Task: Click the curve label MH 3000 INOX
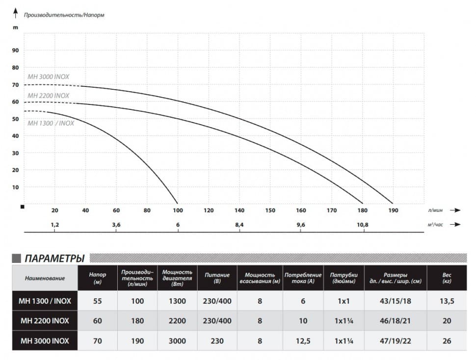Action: (48, 77)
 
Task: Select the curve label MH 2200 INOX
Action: (48, 96)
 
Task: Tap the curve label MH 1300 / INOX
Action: (51, 123)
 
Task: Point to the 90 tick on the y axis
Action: (15, 50)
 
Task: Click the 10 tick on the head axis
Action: (15, 187)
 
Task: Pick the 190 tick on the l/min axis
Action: (393, 210)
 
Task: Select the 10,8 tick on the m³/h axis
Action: (363, 225)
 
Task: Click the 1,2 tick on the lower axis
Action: (54, 225)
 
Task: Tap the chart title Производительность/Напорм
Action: (64, 15)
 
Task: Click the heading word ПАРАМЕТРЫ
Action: (54, 258)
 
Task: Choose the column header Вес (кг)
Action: (447, 279)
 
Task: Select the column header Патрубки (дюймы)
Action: (344, 279)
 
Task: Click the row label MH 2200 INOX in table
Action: (45, 321)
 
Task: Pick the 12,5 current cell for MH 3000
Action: (303, 341)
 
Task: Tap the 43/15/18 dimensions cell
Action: (395, 301)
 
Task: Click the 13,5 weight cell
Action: (447, 301)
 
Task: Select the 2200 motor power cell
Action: (177, 321)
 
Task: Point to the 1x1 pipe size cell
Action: (344, 301)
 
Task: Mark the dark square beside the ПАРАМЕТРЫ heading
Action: (16, 258)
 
